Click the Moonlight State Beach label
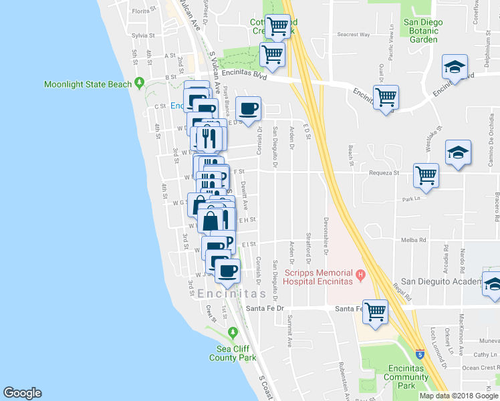pos(88,84)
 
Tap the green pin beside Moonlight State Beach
pos(139,84)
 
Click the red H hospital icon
pos(360,273)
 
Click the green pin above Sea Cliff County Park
pos(233,333)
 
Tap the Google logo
pos(22,393)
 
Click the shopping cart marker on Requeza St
pos(426,176)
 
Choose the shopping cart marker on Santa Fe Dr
pos(375,310)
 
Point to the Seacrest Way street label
pos(354,34)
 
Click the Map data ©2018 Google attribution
pos(459,396)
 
